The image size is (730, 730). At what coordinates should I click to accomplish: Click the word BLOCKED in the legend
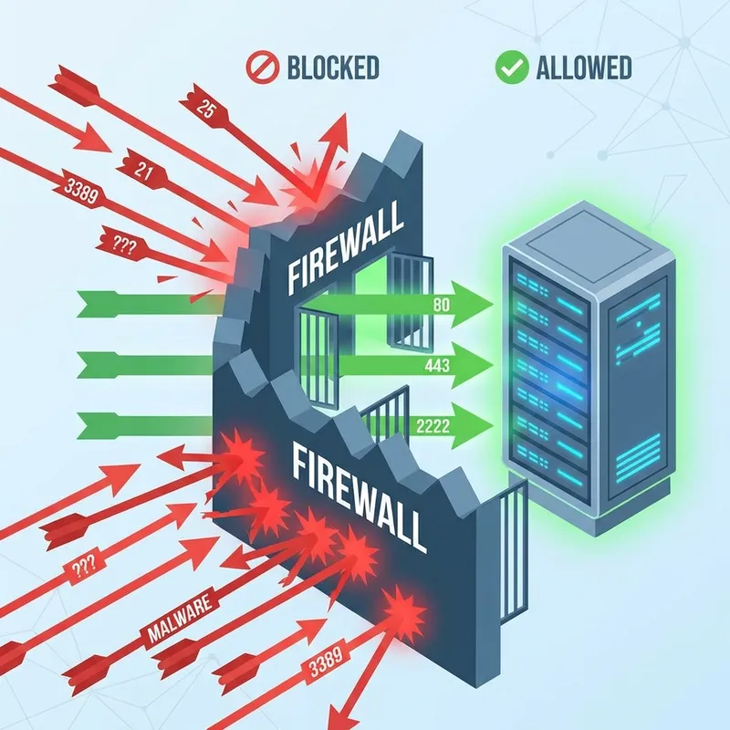(x=332, y=67)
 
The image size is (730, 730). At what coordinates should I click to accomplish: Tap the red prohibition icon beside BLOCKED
(x=261, y=67)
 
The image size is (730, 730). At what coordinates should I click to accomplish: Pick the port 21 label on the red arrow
(x=142, y=167)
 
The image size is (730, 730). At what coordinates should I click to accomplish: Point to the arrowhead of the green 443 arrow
(x=477, y=366)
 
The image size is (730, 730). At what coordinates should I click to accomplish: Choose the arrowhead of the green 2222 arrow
(x=475, y=423)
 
